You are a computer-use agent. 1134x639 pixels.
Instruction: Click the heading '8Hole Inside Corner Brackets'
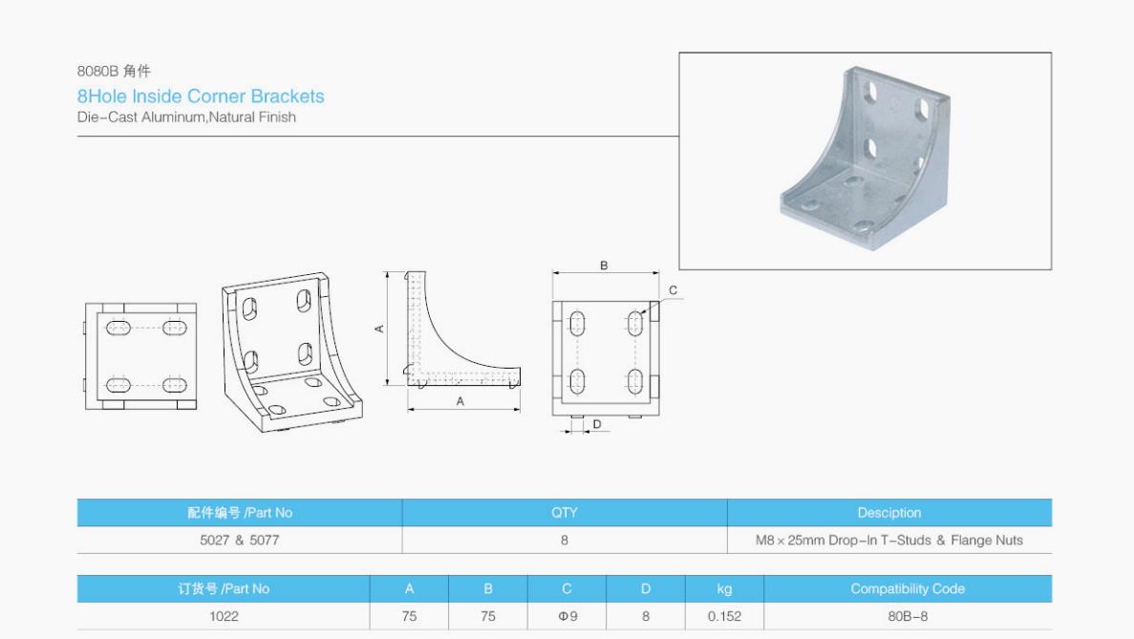pos(201,96)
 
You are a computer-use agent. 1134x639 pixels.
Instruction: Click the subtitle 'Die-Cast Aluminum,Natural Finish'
pos(186,117)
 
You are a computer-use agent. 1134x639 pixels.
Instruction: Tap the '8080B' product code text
pos(96,71)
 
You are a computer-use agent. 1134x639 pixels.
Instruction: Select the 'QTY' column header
pos(564,513)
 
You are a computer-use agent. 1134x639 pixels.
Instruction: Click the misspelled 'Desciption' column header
pos(888,513)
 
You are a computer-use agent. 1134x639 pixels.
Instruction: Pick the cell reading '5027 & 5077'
pos(240,540)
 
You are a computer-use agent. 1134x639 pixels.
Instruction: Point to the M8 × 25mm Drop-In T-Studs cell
pos(888,540)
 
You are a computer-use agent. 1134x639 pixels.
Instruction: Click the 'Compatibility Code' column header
pos(908,589)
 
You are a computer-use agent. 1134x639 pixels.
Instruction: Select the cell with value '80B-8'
pos(908,617)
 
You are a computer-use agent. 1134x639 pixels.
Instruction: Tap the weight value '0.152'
pos(724,617)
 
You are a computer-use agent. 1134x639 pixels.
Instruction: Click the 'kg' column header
pos(724,589)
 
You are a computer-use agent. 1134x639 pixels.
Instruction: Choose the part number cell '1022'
pos(224,617)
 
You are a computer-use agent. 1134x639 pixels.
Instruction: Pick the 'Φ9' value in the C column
pos(567,617)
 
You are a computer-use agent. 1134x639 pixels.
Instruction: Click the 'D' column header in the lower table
pos(645,589)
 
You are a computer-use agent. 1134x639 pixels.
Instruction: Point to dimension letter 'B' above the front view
pos(604,266)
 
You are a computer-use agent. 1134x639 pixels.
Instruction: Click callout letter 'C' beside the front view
pos(673,289)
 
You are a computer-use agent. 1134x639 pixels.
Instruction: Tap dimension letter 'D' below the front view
pos(597,424)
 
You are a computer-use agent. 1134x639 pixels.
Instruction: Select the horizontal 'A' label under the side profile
pos(460,401)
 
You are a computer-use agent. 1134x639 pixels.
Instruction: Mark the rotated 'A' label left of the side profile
pos(379,329)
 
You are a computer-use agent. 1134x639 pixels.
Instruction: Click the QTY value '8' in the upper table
pos(564,540)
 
